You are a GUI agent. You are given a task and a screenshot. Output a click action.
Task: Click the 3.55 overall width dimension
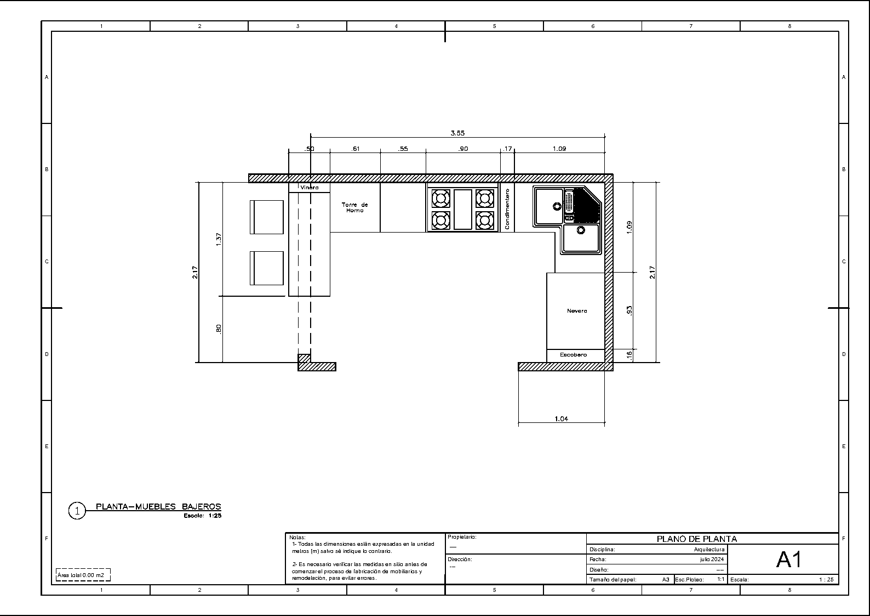point(457,133)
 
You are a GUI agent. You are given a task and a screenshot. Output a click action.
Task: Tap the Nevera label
point(577,310)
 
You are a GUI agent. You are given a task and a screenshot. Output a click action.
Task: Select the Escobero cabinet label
point(573,355)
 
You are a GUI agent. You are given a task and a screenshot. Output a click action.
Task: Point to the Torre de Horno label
point(354,207)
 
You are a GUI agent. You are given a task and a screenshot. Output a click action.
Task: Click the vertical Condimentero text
point(507,209)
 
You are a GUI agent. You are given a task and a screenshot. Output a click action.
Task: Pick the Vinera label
point(309,188)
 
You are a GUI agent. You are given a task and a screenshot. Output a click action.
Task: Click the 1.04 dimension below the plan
point(561,419)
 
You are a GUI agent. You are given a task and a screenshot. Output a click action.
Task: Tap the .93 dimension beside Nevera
point(629,310)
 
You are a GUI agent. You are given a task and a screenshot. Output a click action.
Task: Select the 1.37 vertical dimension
point(219,239)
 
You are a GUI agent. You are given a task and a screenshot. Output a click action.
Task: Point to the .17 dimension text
point(507,149)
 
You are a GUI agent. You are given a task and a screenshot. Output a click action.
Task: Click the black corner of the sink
point(586,205)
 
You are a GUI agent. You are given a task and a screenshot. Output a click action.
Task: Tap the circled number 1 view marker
point(77,511)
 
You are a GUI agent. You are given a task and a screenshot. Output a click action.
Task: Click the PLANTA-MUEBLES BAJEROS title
point(158,506)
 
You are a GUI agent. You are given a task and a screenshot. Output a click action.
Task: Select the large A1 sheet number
point(789,560)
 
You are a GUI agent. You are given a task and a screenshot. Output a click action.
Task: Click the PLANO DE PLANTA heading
point(697,539)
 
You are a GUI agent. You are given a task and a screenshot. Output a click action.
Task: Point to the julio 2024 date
point(712,559)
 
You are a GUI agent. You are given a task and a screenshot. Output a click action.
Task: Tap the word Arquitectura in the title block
point(709,550)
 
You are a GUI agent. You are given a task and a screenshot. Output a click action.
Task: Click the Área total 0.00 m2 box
point(83,575)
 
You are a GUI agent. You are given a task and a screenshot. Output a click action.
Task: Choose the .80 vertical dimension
point(219,329)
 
